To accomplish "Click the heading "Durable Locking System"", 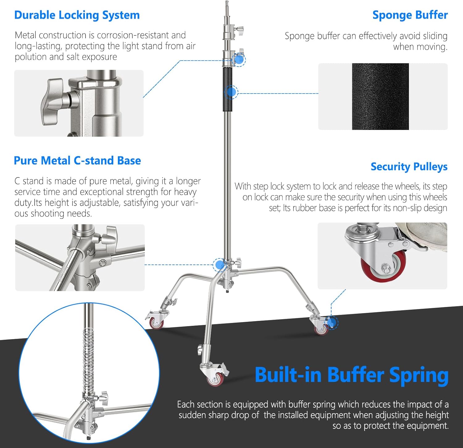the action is pyautogui.click(x=77, y=15).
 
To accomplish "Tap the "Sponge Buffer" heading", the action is pyautogui.click(x=410, y=15).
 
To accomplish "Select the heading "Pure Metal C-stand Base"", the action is pyautogui.click(x=77, y=160).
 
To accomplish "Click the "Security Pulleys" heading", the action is pyautogui.click(x=409, y=167).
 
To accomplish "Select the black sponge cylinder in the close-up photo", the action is pyautogui.click(x=380, y=97).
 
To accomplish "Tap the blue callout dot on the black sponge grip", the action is pyautogui.click(x=231, y=92).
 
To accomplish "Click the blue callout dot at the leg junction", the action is pyautogui.click(x=220, y=265).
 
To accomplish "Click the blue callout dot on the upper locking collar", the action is pyautogui.click(x=239, y=59).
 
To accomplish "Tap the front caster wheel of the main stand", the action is pyautogui.click(x=215, y=379).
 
